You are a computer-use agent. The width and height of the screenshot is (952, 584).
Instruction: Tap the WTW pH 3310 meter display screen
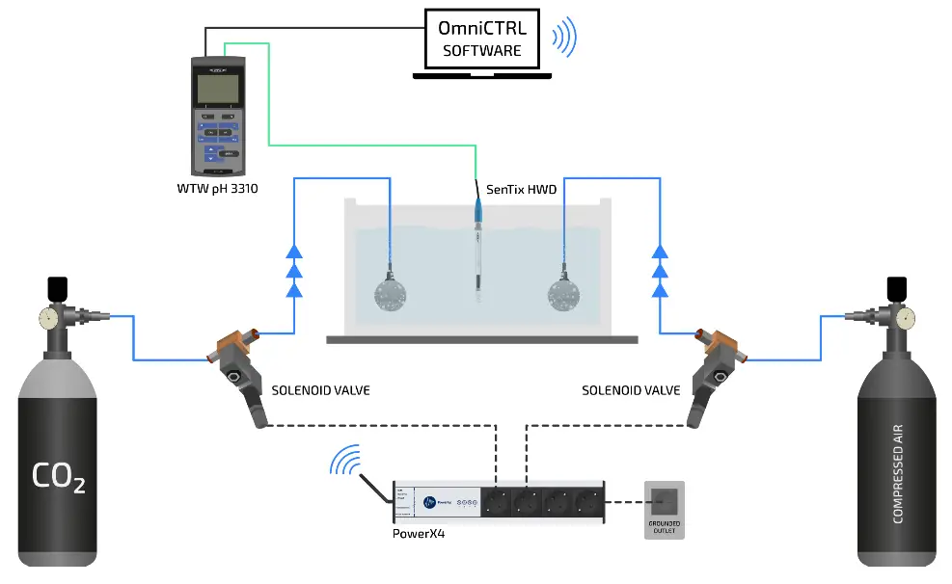click(217, 89)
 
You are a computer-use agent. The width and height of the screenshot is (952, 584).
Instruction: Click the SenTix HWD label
click(521, 190)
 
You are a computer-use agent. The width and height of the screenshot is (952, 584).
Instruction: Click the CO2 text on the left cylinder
click(58, 476)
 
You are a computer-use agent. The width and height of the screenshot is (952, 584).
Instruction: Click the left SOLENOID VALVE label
click(320, 390)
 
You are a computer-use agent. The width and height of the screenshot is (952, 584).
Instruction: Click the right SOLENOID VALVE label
click(631, 390)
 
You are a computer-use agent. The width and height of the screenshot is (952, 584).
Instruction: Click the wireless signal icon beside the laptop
click(563, 39)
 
